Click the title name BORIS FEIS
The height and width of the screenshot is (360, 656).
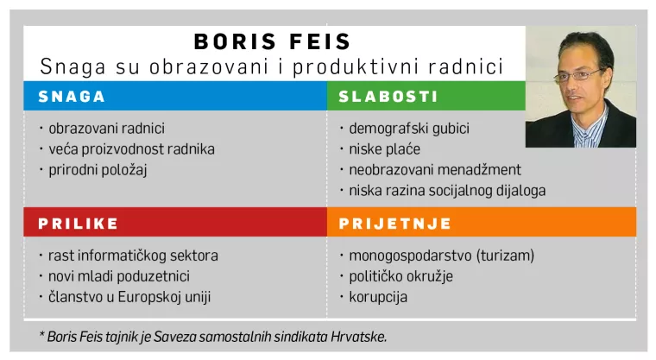tap(272, 41)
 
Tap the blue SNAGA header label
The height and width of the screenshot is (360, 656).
tap(72, 97)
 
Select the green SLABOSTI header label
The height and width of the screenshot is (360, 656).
tap(388, 97)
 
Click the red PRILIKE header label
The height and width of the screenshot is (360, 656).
tap(78, 224)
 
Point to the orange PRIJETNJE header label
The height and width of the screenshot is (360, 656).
tap(395, 224)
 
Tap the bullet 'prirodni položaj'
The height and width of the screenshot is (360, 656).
tap(98, 170)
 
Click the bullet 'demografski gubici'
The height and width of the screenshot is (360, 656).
tap(408, 129)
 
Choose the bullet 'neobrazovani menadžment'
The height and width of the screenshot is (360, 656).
tap(434, 170)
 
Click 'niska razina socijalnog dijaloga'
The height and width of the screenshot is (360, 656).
tap(447, 191)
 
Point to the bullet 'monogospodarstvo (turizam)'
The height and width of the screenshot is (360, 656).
tap(441, 256)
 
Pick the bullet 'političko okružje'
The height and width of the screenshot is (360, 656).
tap(401, 276)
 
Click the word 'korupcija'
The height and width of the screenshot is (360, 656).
tap(378, 297)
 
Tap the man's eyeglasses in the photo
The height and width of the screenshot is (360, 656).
tap(578, 74)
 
